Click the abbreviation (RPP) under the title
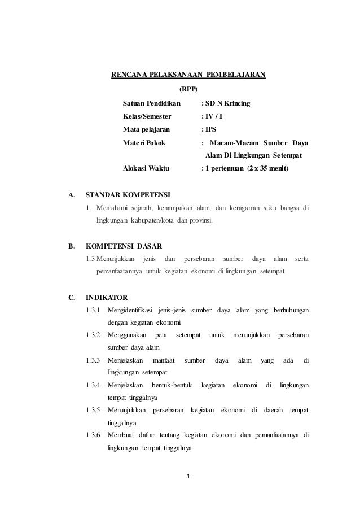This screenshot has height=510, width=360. [x=188, y=89]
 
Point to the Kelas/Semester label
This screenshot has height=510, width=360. [x=147, y=117]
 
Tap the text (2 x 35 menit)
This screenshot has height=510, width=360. [x=263, y=168]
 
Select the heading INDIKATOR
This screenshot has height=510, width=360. [x=106, y=297]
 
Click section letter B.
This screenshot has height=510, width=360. [x=71, y=246]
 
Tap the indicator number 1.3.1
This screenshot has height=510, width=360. [x=94, y=310]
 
